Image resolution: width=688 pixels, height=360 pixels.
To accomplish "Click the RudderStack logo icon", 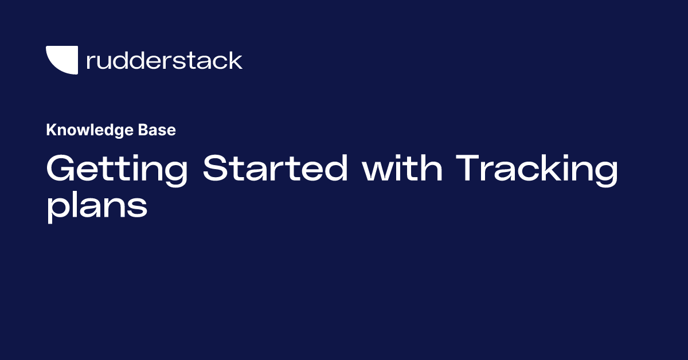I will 61,60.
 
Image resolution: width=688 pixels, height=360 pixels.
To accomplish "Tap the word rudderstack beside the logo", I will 164,60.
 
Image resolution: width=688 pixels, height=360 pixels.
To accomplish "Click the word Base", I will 157,130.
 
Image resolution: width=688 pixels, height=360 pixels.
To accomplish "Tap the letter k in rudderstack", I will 236,60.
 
